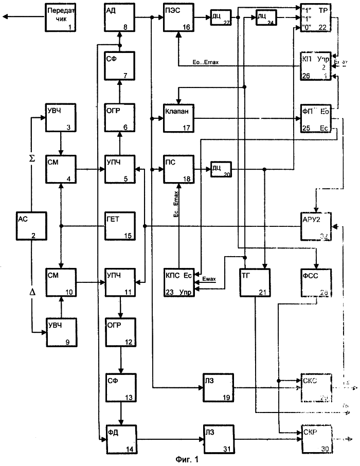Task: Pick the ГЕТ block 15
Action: point(119,226)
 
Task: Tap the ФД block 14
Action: point(119,436)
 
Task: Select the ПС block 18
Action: point(178,169)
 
